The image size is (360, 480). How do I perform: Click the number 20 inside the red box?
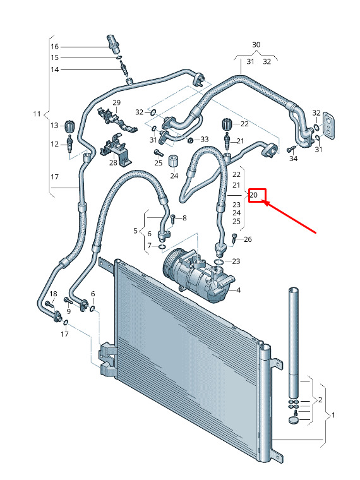point(254,195)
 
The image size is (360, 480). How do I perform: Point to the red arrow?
point(290,217)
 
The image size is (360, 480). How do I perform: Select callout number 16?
point(54,47)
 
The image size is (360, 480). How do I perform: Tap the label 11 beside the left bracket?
point(37,114)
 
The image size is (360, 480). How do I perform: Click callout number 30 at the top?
point(256,45)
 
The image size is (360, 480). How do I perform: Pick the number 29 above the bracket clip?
point(117,102)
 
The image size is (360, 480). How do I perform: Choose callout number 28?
point(113,162)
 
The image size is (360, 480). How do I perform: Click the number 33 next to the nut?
point(205,140)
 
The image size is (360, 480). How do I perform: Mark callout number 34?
point(293,159)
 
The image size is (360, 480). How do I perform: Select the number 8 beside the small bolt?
point(184,218)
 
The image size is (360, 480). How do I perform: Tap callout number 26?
point(248,239)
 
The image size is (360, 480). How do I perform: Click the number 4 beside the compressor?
point(239,290)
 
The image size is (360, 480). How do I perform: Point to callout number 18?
point(53,294)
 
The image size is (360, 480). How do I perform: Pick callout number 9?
point(69,311)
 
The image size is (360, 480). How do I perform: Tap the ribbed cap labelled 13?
point(70,126)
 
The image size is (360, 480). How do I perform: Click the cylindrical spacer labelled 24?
point(174,160)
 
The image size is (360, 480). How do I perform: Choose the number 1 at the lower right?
point(333,416)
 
